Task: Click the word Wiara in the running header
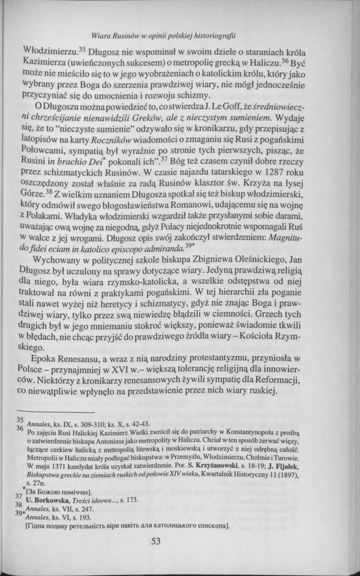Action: click(100, 36)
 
